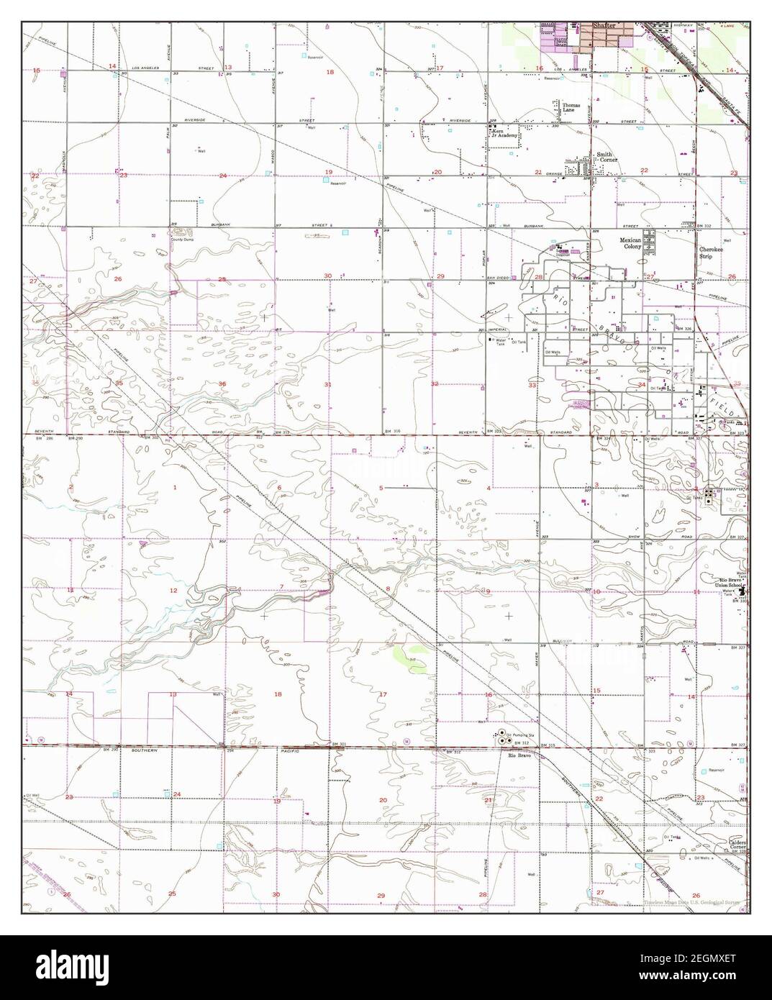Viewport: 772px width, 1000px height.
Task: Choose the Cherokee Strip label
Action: (x=710, y=252)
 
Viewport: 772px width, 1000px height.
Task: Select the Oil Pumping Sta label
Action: (x=518, y=735)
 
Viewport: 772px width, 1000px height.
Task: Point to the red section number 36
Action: (x=222, y=384)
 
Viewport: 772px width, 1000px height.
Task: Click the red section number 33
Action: (x=532, y=386)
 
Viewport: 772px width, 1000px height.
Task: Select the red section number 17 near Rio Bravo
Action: (x=383, y=694)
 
